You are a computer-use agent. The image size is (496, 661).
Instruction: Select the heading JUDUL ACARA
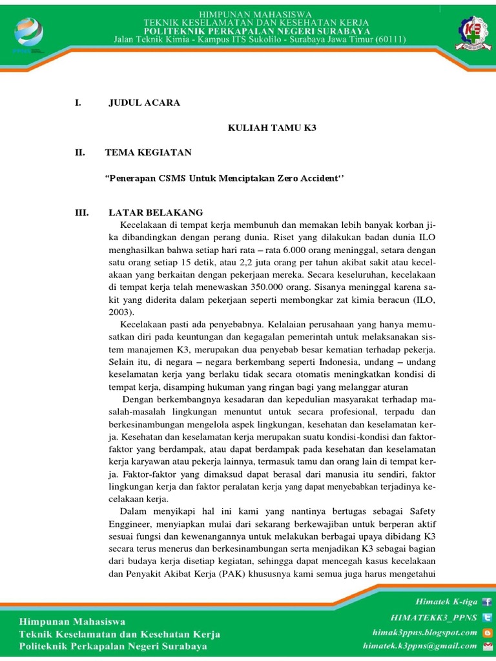(144, 103)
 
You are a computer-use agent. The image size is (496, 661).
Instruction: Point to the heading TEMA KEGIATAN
(148, 153)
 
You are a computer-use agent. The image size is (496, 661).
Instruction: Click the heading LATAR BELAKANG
(156, 212)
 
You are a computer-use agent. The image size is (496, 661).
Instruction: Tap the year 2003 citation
(119, 310)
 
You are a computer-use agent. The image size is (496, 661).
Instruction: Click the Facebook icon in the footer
(487, 602)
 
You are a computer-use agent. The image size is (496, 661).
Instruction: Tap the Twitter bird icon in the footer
(487, 616)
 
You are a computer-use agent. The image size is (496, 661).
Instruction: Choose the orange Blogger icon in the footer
(487, 631)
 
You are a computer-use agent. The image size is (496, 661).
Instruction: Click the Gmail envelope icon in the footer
(487, 646)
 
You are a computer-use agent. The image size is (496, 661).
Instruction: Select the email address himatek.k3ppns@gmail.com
(420, 646)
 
